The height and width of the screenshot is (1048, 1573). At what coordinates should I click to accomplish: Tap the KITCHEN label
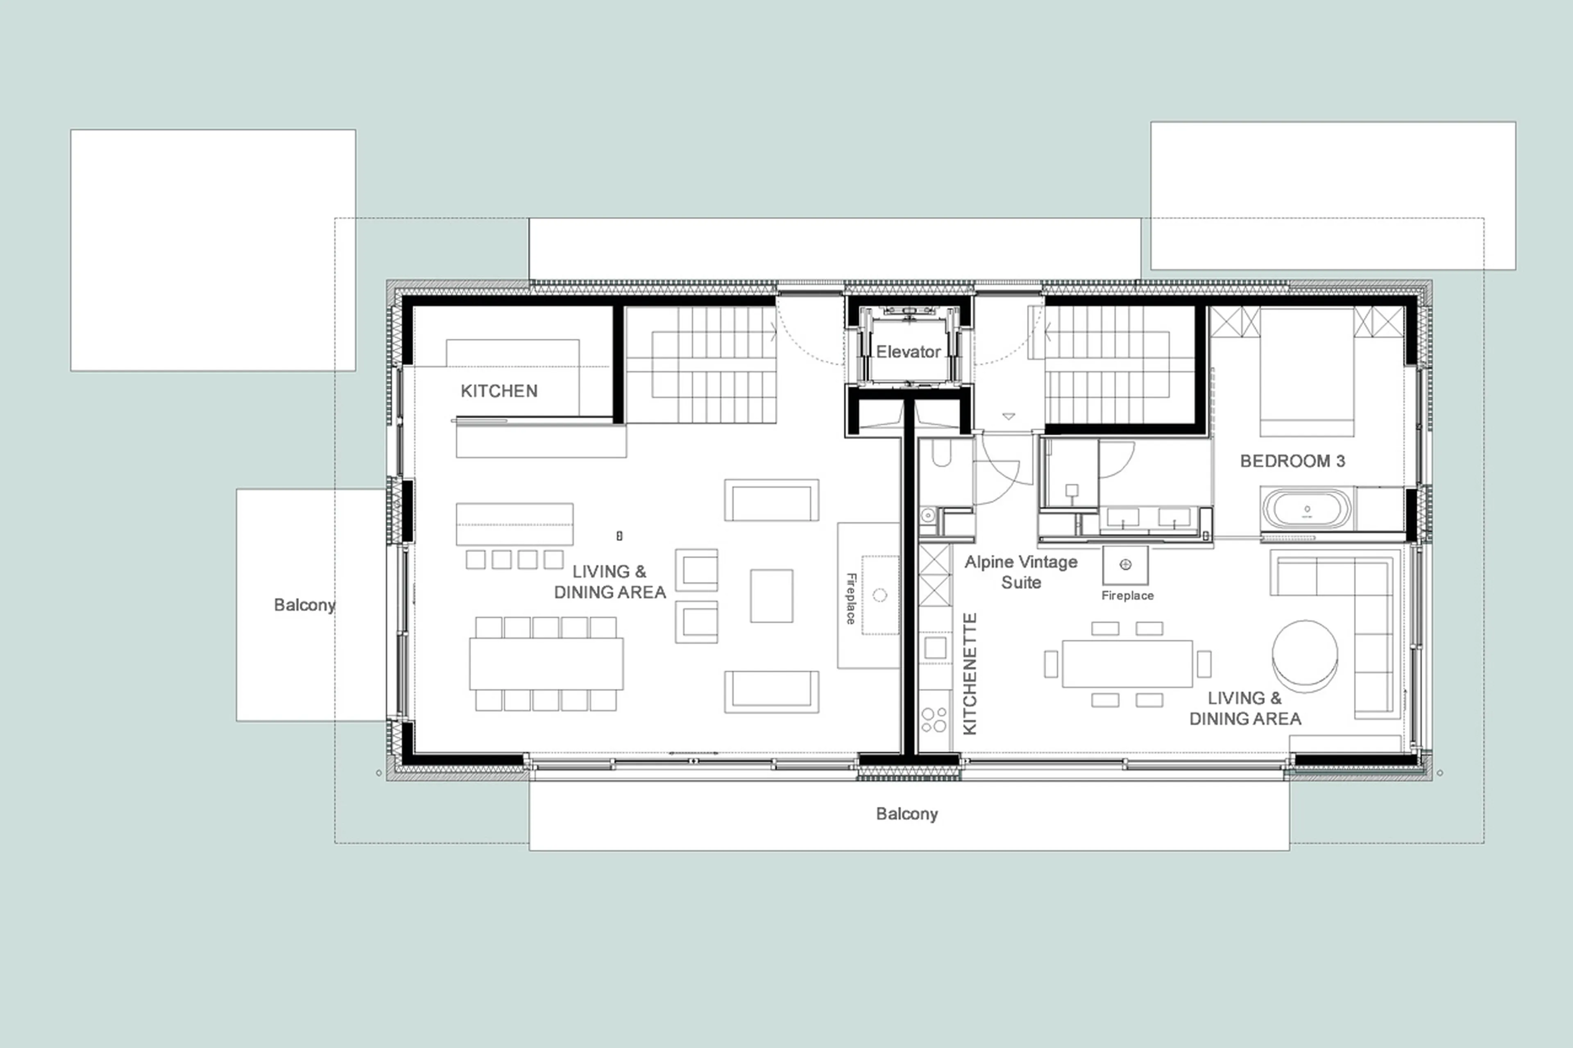click(499, 391)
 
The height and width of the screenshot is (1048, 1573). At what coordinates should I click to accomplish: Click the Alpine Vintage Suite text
click(1021, 572)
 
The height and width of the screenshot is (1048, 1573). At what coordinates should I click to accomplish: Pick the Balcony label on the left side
click(304, 605)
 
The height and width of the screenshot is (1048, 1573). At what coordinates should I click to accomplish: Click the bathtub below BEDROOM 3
click(1306, 510)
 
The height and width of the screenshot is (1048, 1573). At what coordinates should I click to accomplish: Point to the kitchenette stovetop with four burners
click(934, 720)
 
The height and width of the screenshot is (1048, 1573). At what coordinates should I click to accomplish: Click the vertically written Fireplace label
click(851, 598)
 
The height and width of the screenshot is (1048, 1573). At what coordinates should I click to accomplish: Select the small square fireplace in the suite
click(1125, 565)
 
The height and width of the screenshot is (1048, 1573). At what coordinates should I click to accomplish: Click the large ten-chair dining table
click(546, 663)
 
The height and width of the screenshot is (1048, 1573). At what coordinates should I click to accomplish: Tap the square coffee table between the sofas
click(771, 595)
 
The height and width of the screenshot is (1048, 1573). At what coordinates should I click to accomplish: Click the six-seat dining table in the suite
click(1127, 664)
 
